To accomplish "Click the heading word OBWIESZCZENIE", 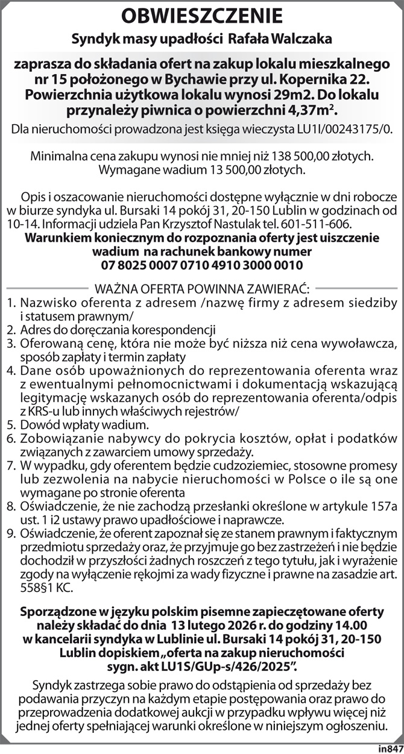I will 202,16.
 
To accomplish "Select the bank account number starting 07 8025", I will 202,265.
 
